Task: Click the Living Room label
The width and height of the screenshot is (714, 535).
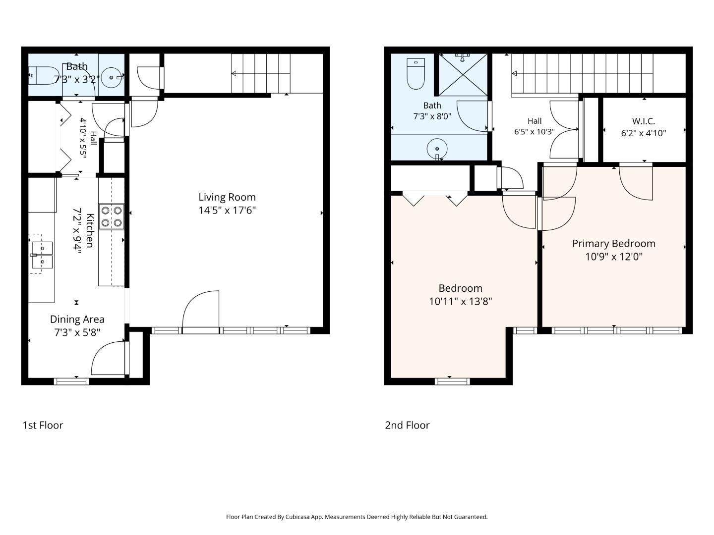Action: (x=227, y=197)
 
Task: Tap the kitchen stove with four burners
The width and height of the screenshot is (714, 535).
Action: (x=112, y=216)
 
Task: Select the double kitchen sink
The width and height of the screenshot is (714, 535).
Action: (x=42, y=255)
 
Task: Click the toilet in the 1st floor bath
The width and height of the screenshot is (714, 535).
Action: (x=44, y=76)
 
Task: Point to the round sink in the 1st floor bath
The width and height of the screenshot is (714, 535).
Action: (x=111, y=78)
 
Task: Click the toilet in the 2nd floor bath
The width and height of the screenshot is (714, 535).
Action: (x=416, y=74)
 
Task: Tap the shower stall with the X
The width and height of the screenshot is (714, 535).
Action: (x=463, y=75)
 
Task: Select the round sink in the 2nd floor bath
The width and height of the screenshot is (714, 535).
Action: (x=437, y=149)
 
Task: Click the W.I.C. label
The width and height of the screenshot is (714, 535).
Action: (x=644, y=121)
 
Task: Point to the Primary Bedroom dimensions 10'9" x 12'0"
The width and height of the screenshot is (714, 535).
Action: (x=614, y=257)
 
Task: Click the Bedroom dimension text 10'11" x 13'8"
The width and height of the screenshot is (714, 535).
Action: (x=460, y=302)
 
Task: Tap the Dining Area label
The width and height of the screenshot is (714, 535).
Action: (x=77, y=320)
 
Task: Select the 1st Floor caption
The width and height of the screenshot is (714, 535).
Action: (x=43, y=425)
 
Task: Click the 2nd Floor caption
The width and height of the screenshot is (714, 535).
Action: (x=407, y=425)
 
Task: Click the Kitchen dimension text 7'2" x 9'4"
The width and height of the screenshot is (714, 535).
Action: (x=77, y=231)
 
